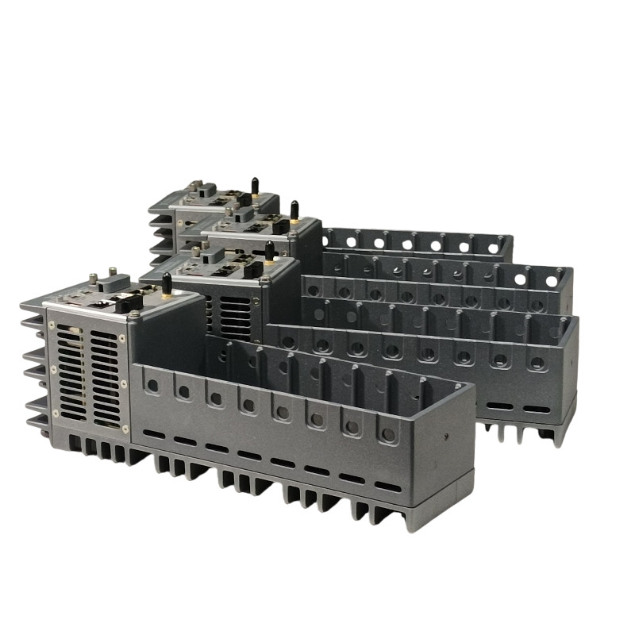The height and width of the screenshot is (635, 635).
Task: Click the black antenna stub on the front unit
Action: pos(167,284)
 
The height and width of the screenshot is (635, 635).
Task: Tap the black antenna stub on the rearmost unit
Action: pos(255,187)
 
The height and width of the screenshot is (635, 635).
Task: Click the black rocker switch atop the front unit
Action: pos(127,302)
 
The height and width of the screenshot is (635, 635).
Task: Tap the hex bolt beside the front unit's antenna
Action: pos(134,314)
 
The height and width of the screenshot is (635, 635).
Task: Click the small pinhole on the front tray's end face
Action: pos(446,436)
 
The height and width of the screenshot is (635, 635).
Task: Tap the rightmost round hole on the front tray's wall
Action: pos(388,433)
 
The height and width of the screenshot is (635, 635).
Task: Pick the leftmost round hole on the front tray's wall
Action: pos(152,384)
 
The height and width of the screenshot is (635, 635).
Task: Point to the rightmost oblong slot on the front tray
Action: pos(387,486)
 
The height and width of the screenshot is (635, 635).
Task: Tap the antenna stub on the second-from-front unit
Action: pos(270,252)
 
